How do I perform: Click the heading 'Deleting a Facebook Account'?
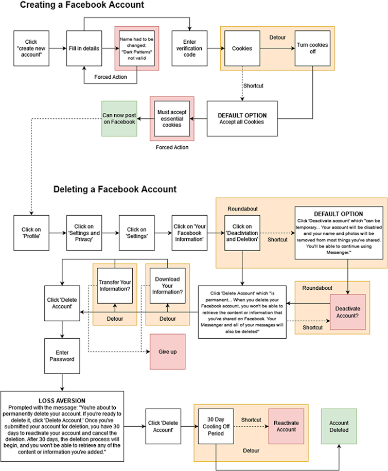point(115,189)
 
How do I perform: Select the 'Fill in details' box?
point(84,48)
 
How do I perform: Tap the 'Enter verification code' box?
point(190,48)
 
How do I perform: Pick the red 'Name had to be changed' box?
point(136,48)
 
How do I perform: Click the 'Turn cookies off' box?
point(312,48)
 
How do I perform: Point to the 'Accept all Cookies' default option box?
point(242,118)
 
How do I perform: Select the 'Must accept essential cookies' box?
point(172,118)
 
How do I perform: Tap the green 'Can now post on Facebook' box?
point(119,118)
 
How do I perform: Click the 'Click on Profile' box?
point(31,233)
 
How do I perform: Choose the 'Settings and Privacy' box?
point(84,233)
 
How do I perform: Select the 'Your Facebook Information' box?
point(190,233)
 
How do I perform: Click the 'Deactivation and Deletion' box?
point(242,233)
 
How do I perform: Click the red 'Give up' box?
point(167,351)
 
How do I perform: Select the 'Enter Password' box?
point(62,355)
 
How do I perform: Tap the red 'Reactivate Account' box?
point(286,426)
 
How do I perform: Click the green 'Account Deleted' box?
point(339,426)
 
